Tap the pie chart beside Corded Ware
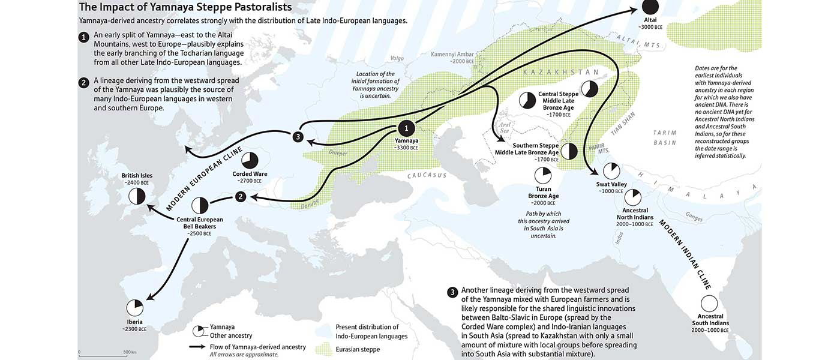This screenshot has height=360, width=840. (x=250, y=161)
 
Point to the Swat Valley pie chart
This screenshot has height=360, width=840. (x=611, y=171)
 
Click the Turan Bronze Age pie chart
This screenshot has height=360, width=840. (x=542, y=175)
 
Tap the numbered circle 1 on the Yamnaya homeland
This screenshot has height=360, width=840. (x=407, y=128)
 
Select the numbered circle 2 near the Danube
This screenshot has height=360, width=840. (x=241, y=196)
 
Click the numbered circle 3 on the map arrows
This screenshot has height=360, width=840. (x=297, y=136)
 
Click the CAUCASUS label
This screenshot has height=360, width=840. (x=427, y=175)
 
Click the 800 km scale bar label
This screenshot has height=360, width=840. (x=130, y=352)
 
